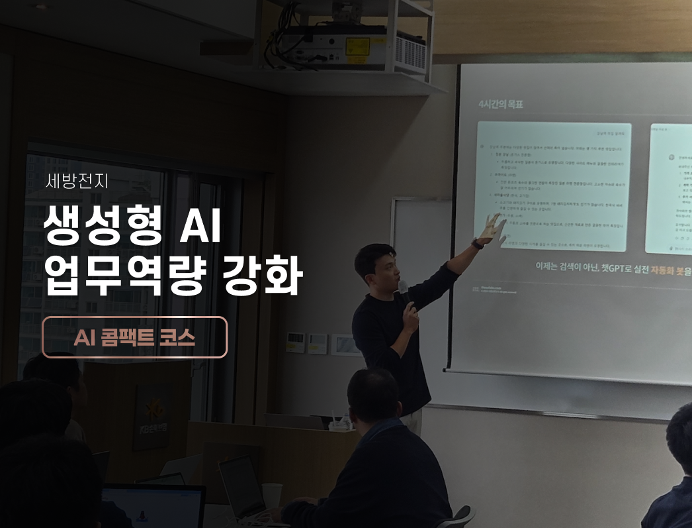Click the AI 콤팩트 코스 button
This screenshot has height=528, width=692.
point(134,337)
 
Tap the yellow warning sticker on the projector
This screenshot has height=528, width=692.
point(358,46)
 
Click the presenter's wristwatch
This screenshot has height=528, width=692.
point(477,244)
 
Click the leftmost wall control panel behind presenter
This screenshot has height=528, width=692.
point(295,342)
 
